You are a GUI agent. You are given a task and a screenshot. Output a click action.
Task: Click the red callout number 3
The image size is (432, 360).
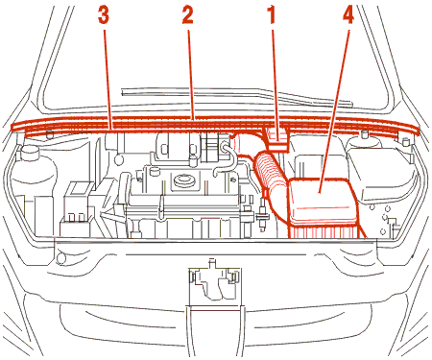[x=104, y=16]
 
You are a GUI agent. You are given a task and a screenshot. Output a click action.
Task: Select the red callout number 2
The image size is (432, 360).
[x=188, y=16]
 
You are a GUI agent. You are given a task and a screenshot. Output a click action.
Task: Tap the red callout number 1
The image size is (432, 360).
[x=272, y=16]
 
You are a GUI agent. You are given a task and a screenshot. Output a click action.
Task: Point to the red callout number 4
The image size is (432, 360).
[x=348, y=16]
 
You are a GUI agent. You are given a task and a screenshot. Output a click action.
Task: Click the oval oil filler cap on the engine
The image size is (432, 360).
[x=183, y=180]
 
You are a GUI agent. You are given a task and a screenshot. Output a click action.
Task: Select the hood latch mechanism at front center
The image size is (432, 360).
[x=214, y=281]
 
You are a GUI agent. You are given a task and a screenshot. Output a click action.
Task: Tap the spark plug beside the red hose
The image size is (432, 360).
[x=263, y=214]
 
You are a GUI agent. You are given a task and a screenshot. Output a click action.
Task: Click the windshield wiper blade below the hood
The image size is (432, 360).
[x=237, y=96]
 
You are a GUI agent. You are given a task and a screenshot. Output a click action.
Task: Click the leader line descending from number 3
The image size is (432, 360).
[x=108, y=80]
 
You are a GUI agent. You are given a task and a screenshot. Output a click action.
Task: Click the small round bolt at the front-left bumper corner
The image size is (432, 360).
[x=60, y=258]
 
